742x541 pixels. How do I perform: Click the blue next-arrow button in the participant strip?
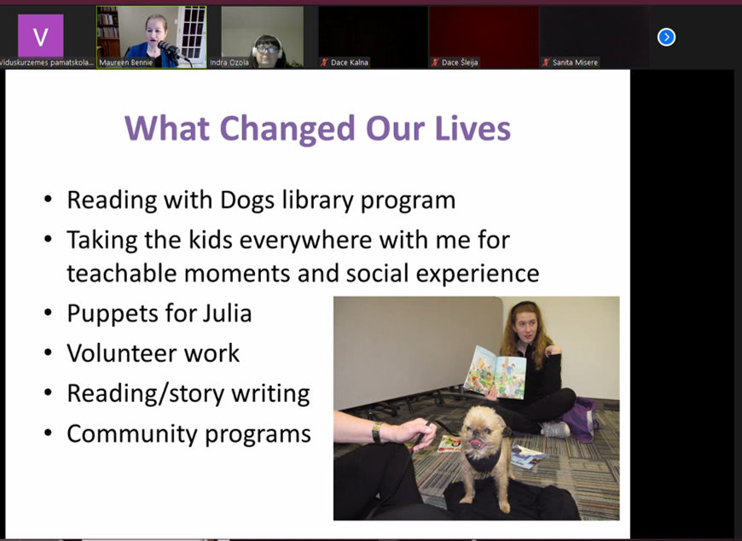click(666, 37)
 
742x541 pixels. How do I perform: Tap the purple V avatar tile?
click(41, 36)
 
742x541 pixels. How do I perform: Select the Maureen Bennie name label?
click(126, 62)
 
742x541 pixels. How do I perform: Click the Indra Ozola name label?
click(229, 62)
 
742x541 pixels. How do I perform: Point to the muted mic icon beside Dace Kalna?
click(324, 62)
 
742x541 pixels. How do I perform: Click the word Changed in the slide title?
click(287, 128)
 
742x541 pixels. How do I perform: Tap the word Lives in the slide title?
click(472, 128)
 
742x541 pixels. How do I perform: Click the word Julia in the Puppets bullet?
click(227, 313)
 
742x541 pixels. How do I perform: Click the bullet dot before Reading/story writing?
click(48, 393)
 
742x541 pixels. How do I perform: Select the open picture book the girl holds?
click(496, 373)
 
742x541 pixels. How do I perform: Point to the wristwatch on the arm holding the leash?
click(376, 432)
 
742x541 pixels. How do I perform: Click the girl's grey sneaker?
click(555, 429)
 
